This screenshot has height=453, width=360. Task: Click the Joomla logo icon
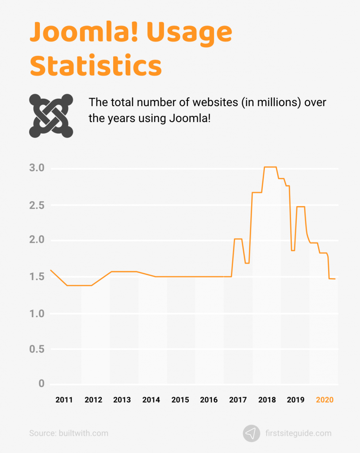51,115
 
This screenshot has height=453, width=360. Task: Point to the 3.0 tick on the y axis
37,168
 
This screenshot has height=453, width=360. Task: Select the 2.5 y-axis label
37,205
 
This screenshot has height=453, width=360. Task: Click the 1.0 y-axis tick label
37,314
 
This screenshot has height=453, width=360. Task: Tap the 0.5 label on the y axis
37,349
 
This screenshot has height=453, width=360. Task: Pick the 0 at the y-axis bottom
42,384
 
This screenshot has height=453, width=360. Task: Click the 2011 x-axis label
64,400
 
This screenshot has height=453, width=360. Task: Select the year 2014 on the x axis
151,400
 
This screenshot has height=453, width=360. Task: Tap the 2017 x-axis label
238,400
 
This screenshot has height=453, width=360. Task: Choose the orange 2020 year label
325,400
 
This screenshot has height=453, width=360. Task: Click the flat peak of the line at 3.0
270,167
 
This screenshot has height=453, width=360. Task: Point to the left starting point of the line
50,270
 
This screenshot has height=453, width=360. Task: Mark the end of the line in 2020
335,279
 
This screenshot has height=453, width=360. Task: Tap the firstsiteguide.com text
299,433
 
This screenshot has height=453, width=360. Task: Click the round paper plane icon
251,433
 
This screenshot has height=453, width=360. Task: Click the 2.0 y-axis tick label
37,240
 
